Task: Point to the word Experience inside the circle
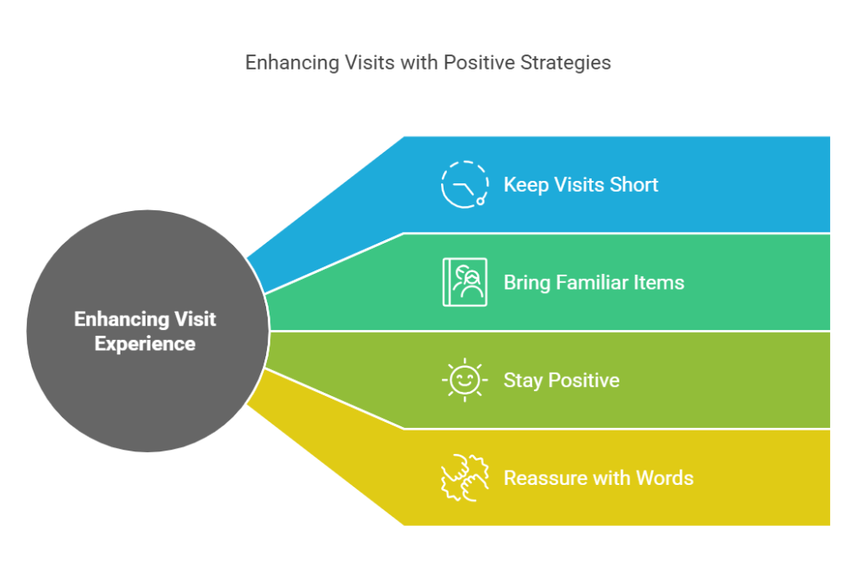[x=145, y=343]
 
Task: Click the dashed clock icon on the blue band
[x=464, y=184]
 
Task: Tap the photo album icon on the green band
[x=464, y=282]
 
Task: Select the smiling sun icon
[x=464, y=380]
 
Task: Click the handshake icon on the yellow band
[x=464, y=478]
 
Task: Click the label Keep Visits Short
[x=581, y=184]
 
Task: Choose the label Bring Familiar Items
[x=593, y=282]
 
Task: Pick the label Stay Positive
[x=561, y=380]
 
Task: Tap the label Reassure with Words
[x=598, y=478]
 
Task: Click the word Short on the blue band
[x=634, y=184]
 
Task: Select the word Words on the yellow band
[x=665, y=478]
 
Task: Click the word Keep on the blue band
[x=524, y=185]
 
